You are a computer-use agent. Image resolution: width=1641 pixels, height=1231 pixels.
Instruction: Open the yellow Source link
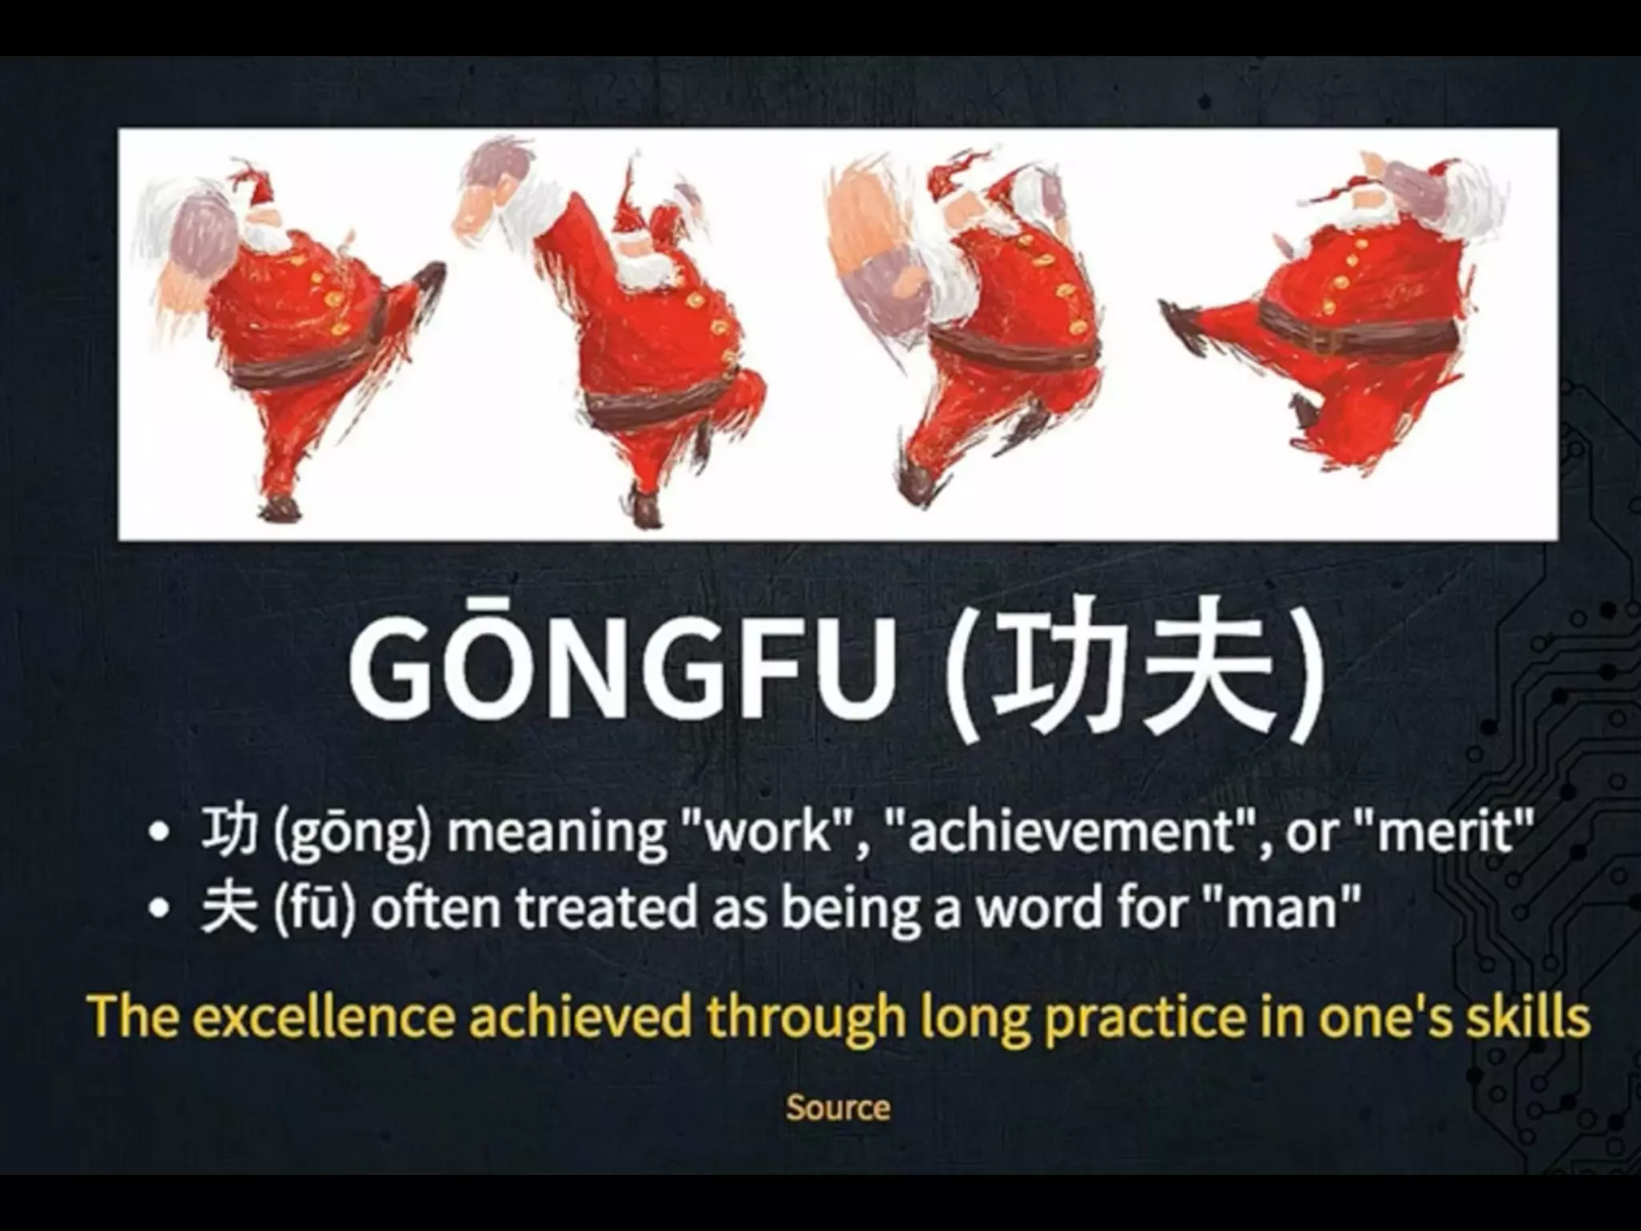[837, 1108]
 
